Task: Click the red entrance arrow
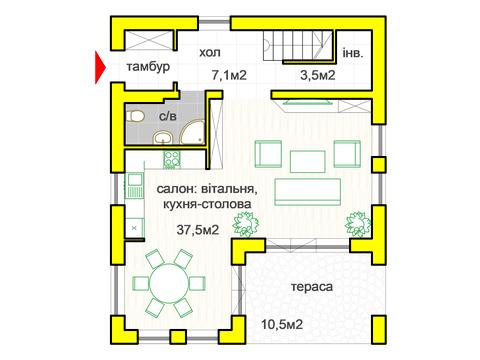98,68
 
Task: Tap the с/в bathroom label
169,117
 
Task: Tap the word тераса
312,288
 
